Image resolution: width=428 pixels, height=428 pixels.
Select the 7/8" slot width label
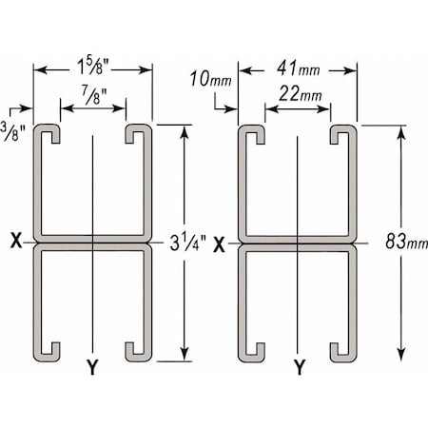[94, 94]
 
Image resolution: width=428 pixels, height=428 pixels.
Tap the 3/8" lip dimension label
[12, 130]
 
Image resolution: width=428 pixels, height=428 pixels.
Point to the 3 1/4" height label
[187, 243]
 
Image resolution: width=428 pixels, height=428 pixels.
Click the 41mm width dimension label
[298, 68]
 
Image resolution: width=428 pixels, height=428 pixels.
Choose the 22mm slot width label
[301, 93]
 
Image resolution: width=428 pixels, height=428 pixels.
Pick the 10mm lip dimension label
[210, 79]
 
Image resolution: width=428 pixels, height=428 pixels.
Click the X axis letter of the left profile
[16, 240]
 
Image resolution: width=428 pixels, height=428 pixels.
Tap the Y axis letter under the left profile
[92, 367]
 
